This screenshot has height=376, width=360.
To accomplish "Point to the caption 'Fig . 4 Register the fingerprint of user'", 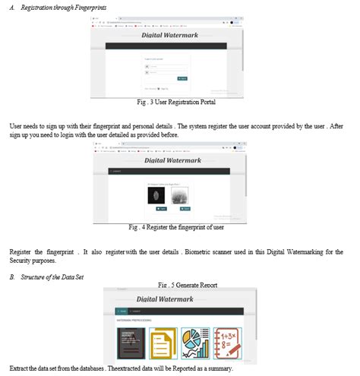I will point(176,226).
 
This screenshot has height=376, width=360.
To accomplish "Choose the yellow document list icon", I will point(166,342).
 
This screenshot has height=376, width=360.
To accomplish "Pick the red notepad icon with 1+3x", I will point(229,342).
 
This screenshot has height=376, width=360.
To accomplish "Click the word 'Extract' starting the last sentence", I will point(21,368).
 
